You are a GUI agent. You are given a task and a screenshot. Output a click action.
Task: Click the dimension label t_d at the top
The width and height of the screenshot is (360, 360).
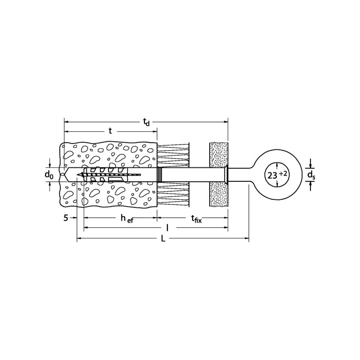(146, 122)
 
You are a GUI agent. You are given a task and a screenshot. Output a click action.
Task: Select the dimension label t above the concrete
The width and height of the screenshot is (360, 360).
(110, 131)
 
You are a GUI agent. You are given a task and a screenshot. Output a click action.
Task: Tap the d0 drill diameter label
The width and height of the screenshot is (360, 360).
(49, 175)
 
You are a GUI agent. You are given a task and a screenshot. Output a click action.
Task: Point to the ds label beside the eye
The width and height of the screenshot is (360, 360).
(311, 175)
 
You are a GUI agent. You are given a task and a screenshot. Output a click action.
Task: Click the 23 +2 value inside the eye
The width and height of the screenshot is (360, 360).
(277, 175)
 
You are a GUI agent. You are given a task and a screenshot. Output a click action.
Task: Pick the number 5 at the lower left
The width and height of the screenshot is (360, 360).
(66, 218)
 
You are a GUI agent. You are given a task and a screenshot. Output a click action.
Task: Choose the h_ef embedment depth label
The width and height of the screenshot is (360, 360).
(127, 218)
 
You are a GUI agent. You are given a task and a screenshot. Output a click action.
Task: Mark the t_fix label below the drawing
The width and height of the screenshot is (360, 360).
(197, 219)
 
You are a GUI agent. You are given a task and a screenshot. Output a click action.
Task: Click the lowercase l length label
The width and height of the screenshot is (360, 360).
(167, 228)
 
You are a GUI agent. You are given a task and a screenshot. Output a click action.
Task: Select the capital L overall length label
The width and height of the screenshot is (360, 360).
(163, 239)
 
